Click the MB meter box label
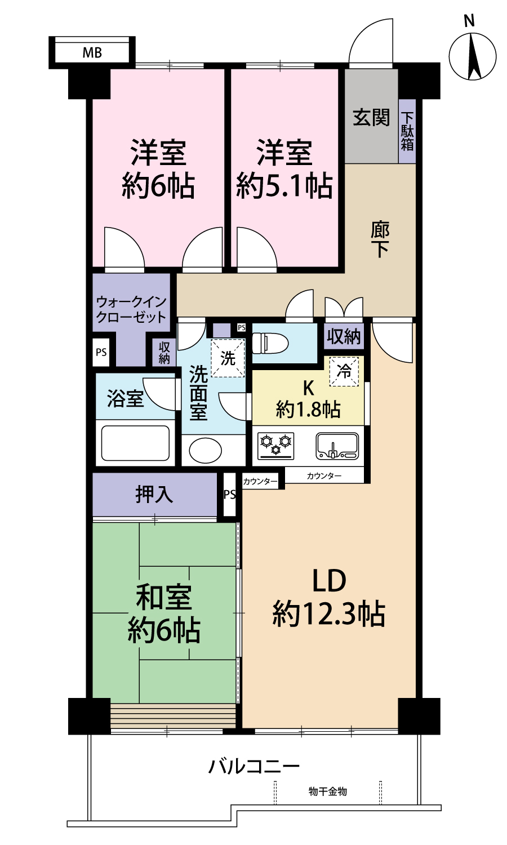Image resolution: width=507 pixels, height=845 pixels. [x=92, y=52]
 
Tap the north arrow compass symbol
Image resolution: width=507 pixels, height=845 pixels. [x=472, y=56]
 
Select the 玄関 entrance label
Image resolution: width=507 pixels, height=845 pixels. [x=371, y=117]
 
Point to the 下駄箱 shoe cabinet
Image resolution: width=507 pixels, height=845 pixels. [x=407, y=131]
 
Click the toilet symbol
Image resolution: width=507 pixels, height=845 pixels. [x=270, y=343]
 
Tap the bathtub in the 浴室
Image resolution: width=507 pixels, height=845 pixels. [x=135, y=443]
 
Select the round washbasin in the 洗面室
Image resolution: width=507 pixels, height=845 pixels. [x=206, y=450]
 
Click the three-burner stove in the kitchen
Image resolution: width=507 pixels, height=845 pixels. [x=276, y=446]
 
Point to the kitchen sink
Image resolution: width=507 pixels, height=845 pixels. [x=337, y=446]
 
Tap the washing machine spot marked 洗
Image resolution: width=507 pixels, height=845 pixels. [x=228, y=358]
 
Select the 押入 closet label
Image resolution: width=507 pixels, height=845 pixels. [x=154, y=495]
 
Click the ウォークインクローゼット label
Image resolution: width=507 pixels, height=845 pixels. [x=131, y=309]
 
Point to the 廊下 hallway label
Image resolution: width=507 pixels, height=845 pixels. [x=380, y=239]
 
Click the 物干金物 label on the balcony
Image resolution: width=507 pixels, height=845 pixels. [x=328, y=791]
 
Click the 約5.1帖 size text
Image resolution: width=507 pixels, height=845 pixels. [x=284, y=185]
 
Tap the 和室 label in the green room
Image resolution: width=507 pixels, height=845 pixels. [x=164, y=597]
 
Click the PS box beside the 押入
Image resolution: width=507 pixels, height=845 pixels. [x=229, y=495]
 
